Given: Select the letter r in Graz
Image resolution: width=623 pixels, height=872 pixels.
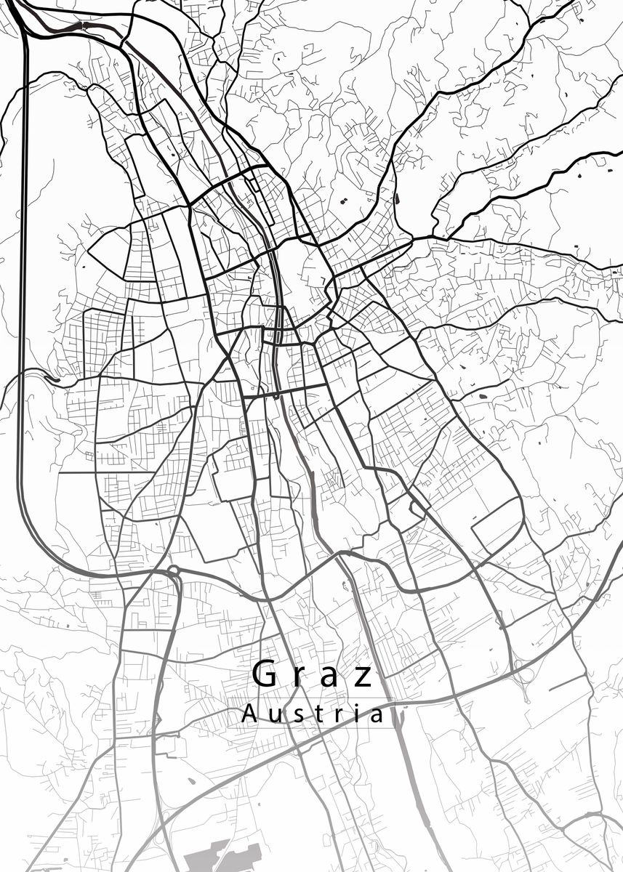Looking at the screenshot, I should tap(300, 677).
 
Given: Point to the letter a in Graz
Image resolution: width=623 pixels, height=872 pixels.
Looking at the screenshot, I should tap(331, 677).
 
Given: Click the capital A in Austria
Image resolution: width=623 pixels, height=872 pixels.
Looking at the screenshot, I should tap(248, 714).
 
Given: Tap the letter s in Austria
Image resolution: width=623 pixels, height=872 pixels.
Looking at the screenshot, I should tap(294, 716).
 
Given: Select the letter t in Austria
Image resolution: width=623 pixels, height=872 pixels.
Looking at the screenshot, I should tap(315, 714).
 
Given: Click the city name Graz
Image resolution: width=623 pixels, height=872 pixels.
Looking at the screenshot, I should tap(313, 676).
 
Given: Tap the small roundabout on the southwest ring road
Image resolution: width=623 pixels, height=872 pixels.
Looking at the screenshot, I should tap(173, 570).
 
